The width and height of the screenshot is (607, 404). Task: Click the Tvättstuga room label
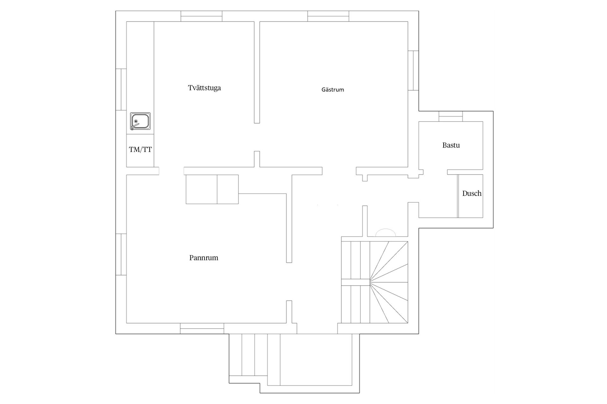(204, 88)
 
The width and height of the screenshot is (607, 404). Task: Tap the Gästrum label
(333, 90)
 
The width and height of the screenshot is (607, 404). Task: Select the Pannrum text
(204, 258)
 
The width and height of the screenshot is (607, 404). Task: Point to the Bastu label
(451, 145)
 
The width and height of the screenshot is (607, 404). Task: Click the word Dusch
(472, 193)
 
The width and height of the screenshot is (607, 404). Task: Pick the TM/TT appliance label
(140, 150)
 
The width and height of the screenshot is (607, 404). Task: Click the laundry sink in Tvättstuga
(140, 121)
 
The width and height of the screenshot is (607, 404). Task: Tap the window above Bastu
(451, 116)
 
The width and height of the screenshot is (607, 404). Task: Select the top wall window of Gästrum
(328, 16)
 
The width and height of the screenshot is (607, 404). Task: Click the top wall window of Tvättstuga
(201, 16)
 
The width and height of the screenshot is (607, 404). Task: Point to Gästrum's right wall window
(413, 70)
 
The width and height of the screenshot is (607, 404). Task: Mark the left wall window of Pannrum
(121, 254)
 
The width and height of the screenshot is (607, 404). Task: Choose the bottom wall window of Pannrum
(202, 328)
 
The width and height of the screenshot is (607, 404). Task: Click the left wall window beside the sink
(121, 90)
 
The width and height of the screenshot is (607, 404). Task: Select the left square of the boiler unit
(201, 189)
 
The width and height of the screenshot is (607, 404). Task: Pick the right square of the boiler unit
(228, 189)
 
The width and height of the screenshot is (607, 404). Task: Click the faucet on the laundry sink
(135, 125)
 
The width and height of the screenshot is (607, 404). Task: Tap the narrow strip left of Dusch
(458, 196)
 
